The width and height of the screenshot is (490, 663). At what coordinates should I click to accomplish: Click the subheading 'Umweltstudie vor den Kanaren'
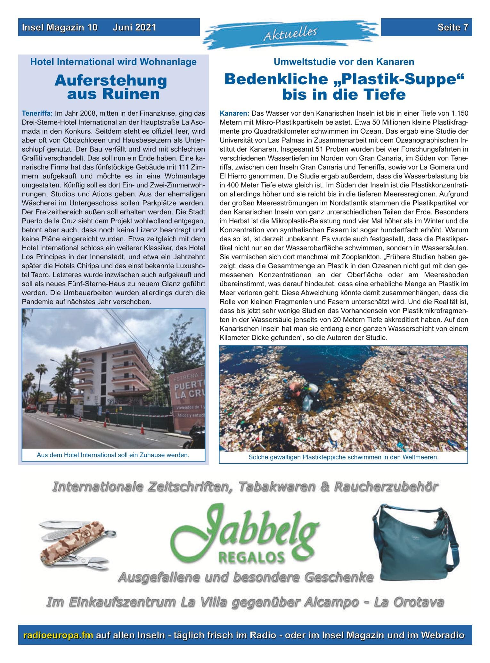coord(344,62)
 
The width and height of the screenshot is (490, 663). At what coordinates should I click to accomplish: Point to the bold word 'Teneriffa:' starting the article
coord(37,113)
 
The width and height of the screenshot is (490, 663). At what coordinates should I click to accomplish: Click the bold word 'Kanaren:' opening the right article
coord(234,113)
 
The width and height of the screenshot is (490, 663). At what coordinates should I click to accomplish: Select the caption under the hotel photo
coord(113,455)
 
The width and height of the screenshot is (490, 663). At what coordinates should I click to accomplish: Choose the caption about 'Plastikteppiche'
coord(343,457)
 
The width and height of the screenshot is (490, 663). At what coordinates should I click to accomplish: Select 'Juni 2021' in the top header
coord(134,28)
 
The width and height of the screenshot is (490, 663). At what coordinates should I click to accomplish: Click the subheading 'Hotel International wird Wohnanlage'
coord(113,62)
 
